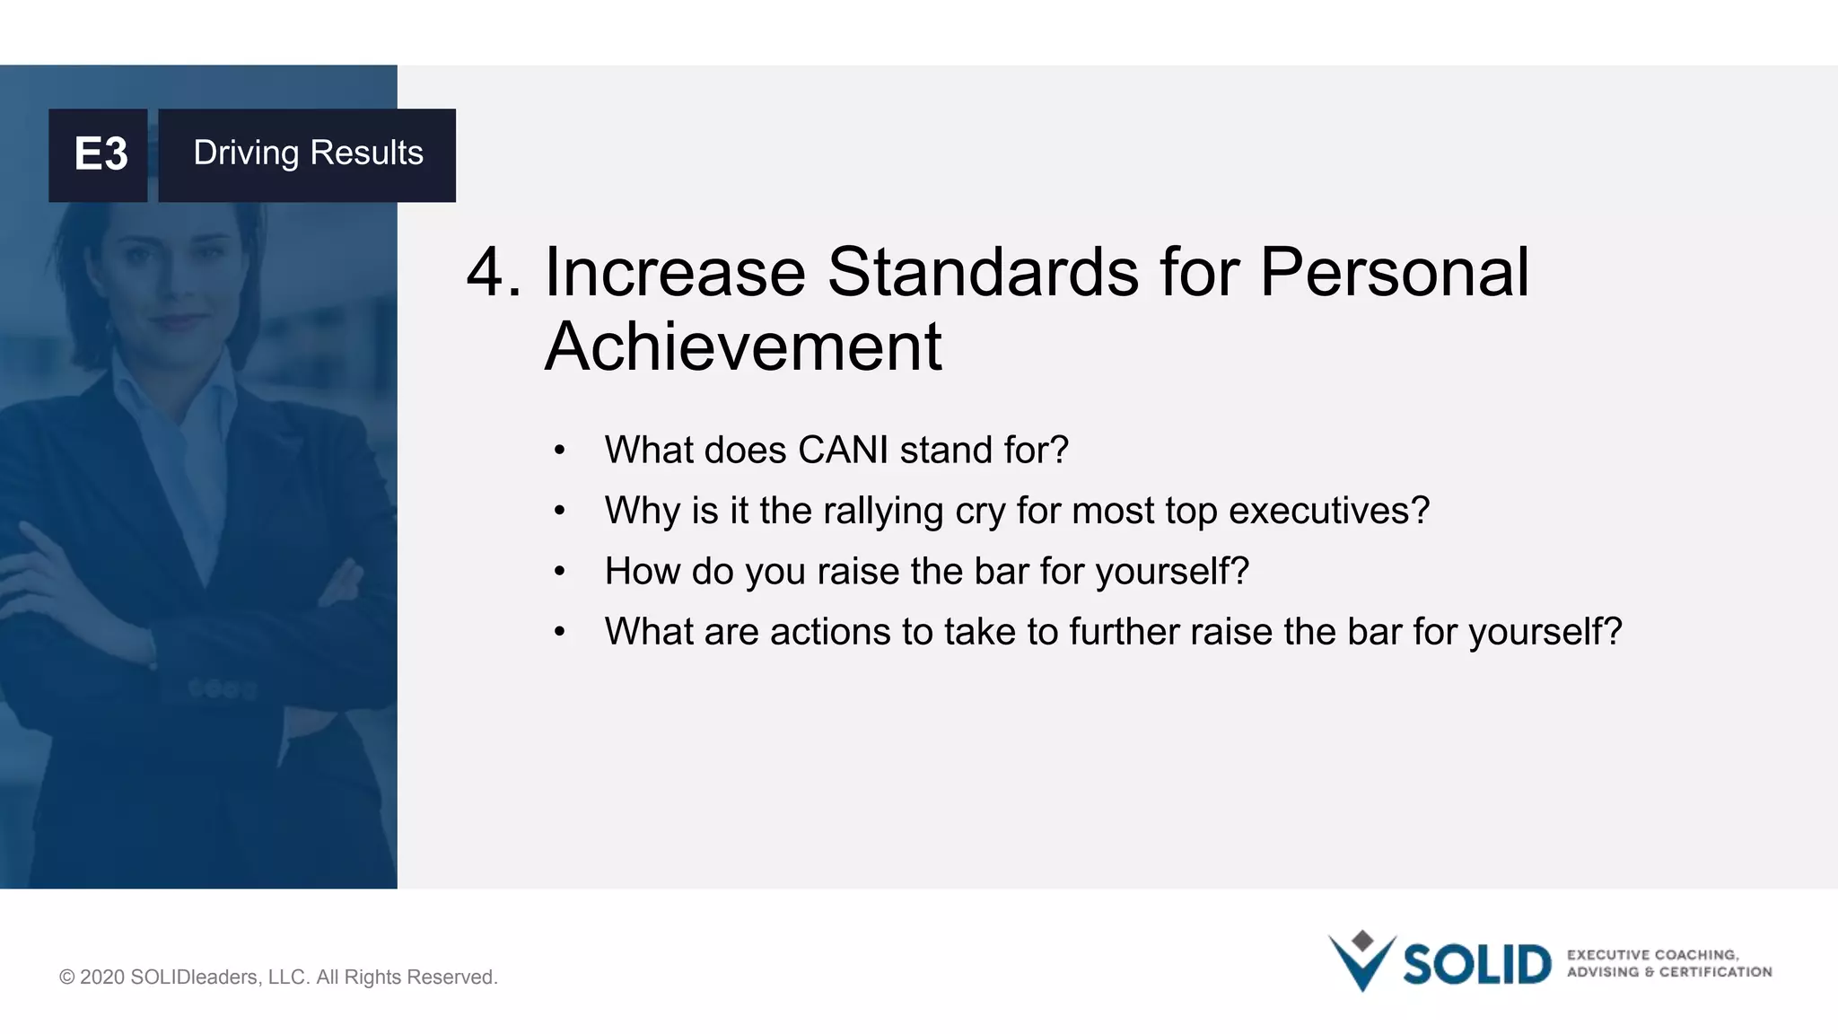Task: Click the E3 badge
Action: click(x=99, y=154)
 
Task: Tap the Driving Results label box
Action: click(x=307, y=154)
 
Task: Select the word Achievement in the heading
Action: click(x=743, y=347)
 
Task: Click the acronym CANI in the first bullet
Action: click(x=843, y=450)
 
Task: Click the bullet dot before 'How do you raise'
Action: click(x=560, y=572)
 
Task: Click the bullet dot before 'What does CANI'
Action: click(x=560, y=451)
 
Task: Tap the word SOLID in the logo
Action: click(x=1476, y=965)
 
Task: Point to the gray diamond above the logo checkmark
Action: click(x=1362, y=940)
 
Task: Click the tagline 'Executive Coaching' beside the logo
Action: click(x=1652, y=955)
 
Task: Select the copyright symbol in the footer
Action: click(x=66, y=977)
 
